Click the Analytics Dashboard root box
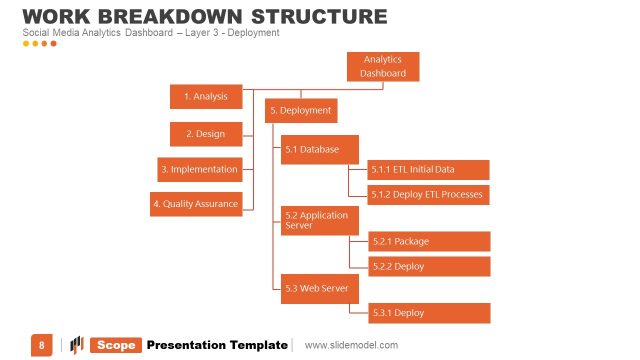(x=383, y=67)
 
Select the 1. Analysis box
(x=206, y=97)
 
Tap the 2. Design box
(x=206, y=133)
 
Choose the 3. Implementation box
(x=200, y=169)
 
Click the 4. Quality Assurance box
(x=195, y=204)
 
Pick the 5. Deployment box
(x=300, y=110)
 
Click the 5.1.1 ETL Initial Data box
(x=428, y=169)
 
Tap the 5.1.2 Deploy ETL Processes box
(x=428, y=194)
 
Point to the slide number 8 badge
(x=42, y=345)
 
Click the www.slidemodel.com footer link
(x=351, y=345)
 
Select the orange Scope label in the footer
(x=116, y=345)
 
